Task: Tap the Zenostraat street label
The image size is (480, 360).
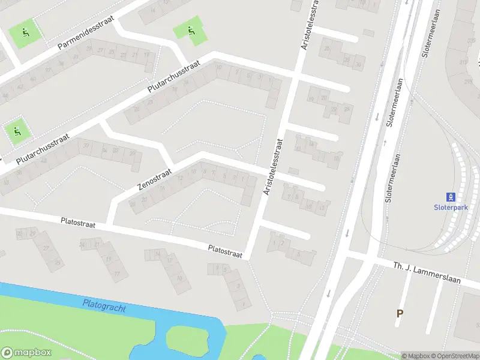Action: pos(155,178)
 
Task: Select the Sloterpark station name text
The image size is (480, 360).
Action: pos(450,208)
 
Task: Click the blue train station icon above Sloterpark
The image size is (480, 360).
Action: pos(450,197)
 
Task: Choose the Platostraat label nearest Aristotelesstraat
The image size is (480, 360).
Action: pos(225,251)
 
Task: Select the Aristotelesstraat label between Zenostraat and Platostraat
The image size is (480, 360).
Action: pos(273,167)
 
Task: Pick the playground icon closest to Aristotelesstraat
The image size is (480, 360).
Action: pos(191,31)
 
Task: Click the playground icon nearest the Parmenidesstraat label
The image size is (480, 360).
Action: pos(26,32)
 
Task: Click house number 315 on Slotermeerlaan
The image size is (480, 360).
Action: pos(463,62)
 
